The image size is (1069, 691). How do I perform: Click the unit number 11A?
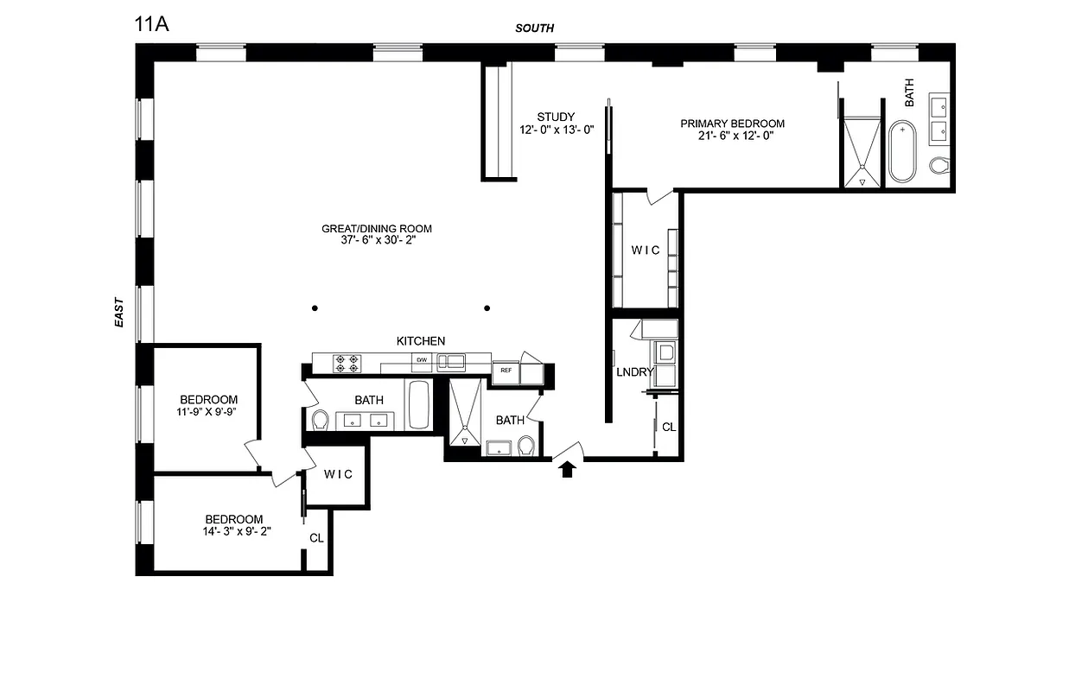pyautogui.click(x=152, y=23)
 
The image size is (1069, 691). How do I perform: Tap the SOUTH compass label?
pyautogui.click(x=534, y=29)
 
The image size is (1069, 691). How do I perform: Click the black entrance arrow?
pyautogui.click(x=568, y=469)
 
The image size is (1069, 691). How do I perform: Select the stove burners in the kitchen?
pyautogui.click(x=347, y=364)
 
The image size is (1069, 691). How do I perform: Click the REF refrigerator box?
pyautogui.click(x=505, y=371)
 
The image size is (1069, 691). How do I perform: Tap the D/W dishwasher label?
pyautogui.click(x=422, y=359)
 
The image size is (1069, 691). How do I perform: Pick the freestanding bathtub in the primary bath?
pyautogui.click(x=902, y=152)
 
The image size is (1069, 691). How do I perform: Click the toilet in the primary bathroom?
pyautogui.click(x=939, y=165)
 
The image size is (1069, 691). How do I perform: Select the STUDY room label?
pyautogui.click(x=555, y=117)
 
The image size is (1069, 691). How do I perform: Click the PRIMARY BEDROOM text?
pyautogui.click(x=732, y=124)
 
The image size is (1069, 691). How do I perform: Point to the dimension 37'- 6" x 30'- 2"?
pyautogui.click(x=376, y=241)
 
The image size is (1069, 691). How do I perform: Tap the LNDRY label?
pyautogui.click(x=634, y=372)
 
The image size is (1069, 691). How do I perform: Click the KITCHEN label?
pyautogui.click(x=421, y=341)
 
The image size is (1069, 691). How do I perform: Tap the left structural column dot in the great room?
pyautogui.click(x=315, y=308)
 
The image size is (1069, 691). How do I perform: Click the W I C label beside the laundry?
pyautogui.click(x=646, y=250)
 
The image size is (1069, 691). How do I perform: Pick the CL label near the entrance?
pyautogui.click(x=668, y=427)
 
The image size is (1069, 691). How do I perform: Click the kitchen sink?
pyautogui.click(x=450, y=361)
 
